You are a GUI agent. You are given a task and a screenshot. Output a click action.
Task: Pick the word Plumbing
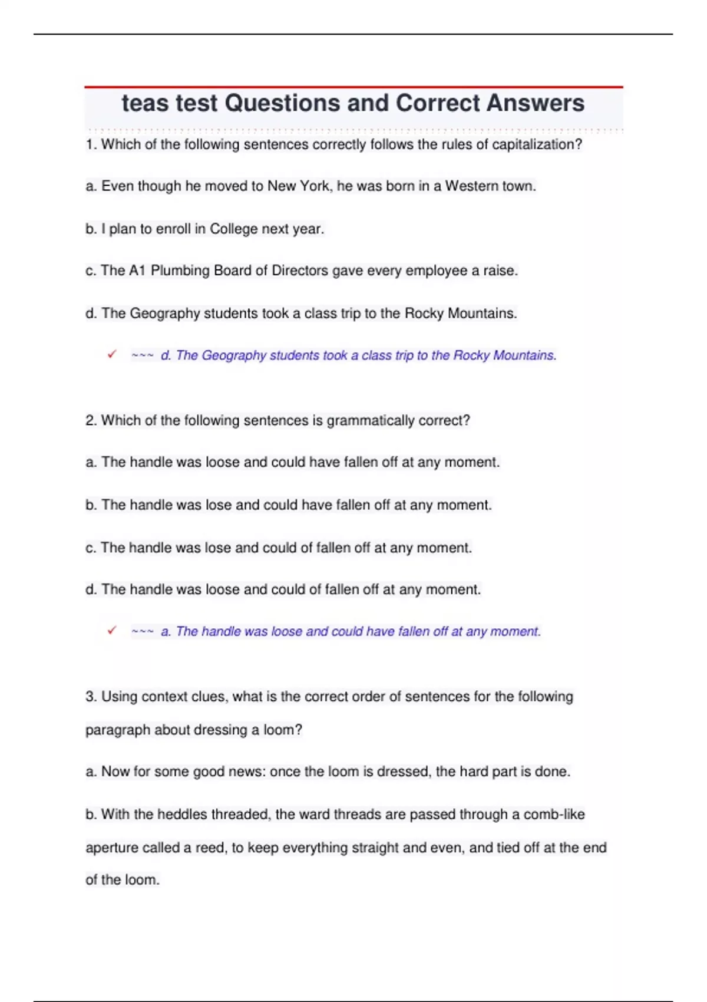[x=180, y=271]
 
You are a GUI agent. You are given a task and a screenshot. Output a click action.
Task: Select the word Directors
[x=299, y=271]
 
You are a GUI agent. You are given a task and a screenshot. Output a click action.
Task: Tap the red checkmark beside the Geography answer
[x=112, y=354]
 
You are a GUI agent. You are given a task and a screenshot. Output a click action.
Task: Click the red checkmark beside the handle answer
[x=112, y=630]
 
